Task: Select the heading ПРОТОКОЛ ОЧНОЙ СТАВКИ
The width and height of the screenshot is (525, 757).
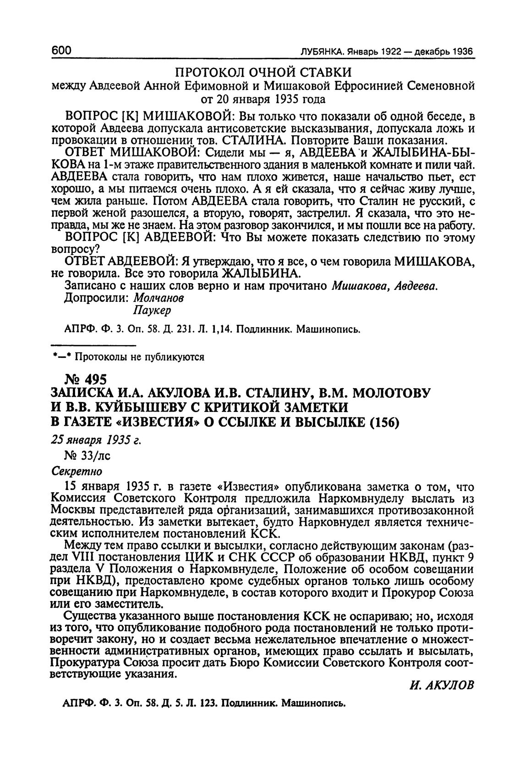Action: point(263,72)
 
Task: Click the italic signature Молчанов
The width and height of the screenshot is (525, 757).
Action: point(159,298)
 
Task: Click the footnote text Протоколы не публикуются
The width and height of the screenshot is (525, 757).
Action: point(139,357)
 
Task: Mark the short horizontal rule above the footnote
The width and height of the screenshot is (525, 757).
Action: point(93,345)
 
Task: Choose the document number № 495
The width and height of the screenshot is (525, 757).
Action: point(87,379)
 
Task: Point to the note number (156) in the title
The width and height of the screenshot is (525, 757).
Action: point(382,421)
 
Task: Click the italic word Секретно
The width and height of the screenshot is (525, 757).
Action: point(77,471)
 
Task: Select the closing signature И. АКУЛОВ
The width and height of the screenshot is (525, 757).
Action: point(439,685)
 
